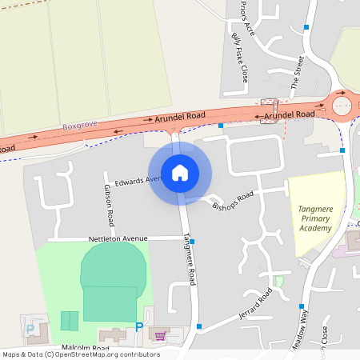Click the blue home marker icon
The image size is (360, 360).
click(180, 172)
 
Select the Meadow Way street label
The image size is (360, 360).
click(302, 330)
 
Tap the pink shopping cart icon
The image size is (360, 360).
click(160, 335)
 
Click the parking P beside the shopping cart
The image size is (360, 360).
click(139, 327)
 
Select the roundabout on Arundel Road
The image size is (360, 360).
click(342, 104)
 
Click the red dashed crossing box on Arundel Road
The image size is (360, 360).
click(269, 106)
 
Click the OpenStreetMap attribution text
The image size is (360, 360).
click(80, 354)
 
